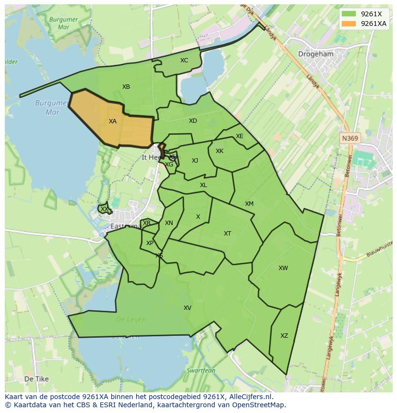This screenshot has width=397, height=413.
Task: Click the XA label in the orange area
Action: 113,121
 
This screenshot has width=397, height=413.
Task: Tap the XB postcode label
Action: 126,87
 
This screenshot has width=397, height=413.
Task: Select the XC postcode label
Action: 184,60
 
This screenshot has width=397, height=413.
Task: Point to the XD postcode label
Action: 193,121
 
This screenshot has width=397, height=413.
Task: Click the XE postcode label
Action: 240,136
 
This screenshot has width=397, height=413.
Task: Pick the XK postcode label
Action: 220,151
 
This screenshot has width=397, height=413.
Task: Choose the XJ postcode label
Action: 195,161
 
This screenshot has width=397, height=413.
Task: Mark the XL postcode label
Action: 203,185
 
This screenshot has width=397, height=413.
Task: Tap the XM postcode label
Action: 249,204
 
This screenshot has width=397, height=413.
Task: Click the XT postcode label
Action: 228,234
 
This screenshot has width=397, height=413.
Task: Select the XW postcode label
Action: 283,268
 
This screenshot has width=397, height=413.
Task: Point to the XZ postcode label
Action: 284,336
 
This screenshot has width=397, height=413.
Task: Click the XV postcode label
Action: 187,308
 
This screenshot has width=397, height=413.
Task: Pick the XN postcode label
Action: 169,223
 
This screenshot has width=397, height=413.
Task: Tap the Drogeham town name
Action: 315,54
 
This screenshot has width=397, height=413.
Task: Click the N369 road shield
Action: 350,138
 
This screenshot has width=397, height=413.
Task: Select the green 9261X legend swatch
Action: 349,14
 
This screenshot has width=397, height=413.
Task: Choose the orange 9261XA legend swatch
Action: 349,24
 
